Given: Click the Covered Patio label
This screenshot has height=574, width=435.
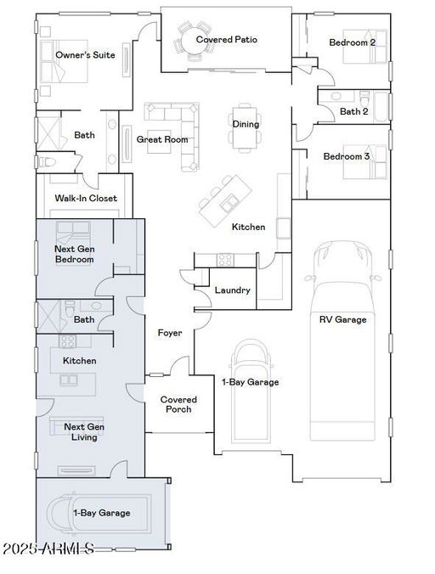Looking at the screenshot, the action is point(227,40).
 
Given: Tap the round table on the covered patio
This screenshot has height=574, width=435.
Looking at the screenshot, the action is point(194,40).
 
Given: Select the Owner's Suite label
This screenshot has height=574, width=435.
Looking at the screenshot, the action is point(85,55).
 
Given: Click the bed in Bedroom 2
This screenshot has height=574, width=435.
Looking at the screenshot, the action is point(364,46).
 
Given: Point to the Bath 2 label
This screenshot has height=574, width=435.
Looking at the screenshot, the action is point(354,111).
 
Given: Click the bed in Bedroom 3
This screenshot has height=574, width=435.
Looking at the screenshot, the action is point(364,162).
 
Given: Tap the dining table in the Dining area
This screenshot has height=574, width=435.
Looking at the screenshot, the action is point(246,127).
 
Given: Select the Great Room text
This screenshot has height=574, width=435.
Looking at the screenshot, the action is point(162,139).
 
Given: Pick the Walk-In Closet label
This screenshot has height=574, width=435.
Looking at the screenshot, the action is point(86,198).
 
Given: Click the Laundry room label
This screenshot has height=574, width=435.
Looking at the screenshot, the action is point(233,290).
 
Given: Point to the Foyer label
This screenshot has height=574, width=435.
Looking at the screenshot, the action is point(170,333).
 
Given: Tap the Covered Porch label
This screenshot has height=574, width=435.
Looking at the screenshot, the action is point(178,404).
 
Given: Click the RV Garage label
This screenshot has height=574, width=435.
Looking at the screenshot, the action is point(342,319).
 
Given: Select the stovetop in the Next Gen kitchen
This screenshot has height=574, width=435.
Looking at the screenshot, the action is point(68,341).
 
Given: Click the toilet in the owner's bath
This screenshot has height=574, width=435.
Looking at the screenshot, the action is point(47,161).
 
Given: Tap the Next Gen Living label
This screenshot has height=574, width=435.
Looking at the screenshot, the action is point(84,432).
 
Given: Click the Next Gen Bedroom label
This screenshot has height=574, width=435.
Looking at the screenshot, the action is point(74,254).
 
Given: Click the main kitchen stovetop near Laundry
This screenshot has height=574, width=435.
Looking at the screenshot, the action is point(225,260).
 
